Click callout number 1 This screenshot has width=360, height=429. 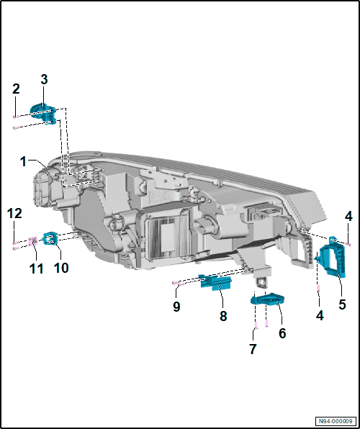pyautogui.click(x=24, y=162)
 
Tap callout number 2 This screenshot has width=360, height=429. pyautogui.click(x=16, y=89)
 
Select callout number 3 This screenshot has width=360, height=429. pyautogui.click(x=44, y=79)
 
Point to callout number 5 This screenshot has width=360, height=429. pyautogui.click(x=342, y=304)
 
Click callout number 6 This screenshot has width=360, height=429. pyautogui.click(x=282, y=333)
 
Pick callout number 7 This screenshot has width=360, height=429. pyautogui.click(x=253, y=349)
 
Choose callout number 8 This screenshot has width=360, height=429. pyautogui.click(x=223, y=316)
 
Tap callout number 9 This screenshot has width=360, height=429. pyautogui.click(x=176, y=307)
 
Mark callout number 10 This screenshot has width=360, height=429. pyautogui.click(x=61, y=268)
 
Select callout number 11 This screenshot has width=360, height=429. pyautogui.click(x=37, y=268)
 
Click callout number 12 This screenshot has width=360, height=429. pyautogui.click(x=14, y=213)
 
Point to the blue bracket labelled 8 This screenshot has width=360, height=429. pyautogui.click(x=216, y=281)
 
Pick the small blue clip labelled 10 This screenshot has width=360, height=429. pyautogui.click(x=50, y=238)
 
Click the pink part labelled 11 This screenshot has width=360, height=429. pyautogui.click(x=33, y=240)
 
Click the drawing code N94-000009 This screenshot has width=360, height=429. pyautogui.click(x=336, y=420)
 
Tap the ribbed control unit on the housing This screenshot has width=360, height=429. pyautogui.click(x=167, y=234)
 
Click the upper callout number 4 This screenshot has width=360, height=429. pyautogui.click(x=348, y=217)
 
